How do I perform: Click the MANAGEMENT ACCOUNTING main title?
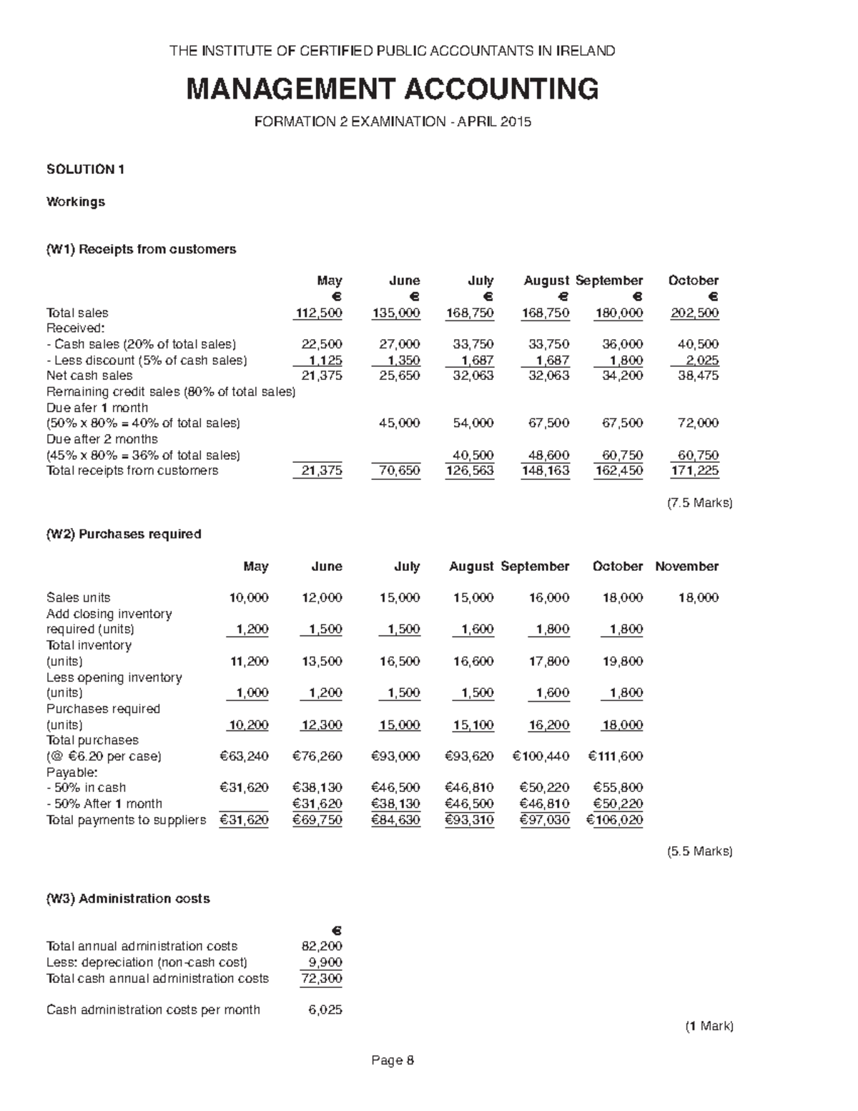click(x=393, y=89)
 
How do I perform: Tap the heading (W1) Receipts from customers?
click(x=141, y=249)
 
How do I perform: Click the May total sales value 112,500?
click(x=320, y=313)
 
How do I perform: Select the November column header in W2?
click(x=686, y=567)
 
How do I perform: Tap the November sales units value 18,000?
click(x=698, y=598)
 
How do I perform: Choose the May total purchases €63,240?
click(x=244, y=756)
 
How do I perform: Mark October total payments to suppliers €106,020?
click(x=614, y=820)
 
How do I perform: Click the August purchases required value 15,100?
click(x=473, y=725)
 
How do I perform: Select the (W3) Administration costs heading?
click(x=128, y=899)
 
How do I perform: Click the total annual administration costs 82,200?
click(x=322, y=946)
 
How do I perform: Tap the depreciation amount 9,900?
click(x=326, y=962)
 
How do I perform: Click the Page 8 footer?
click(x=393, y=1060)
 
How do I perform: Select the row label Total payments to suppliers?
click(x=126, y=820)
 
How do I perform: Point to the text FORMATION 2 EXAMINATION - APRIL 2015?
click(x=393, y=122)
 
